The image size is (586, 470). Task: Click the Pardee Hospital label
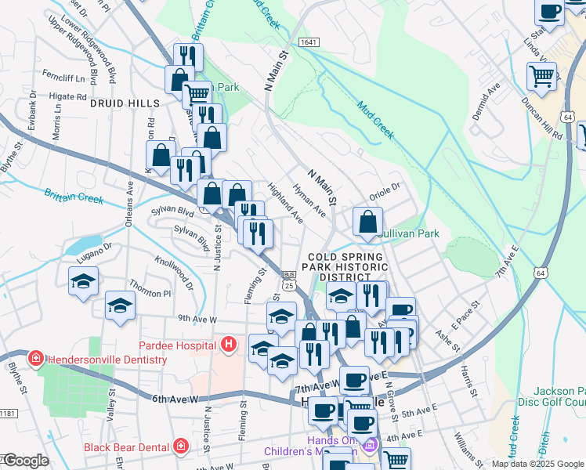(177, 345)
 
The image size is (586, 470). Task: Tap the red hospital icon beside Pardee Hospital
(228, 344)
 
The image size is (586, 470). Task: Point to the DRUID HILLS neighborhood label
(125, 103)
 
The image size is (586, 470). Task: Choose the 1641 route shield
(308, 42)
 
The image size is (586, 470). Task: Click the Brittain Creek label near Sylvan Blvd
(74, 196)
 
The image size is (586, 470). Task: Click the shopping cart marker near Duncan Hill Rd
(542, 76)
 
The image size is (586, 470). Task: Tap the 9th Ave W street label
(196, 319)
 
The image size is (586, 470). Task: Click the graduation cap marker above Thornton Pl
(82, 281)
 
